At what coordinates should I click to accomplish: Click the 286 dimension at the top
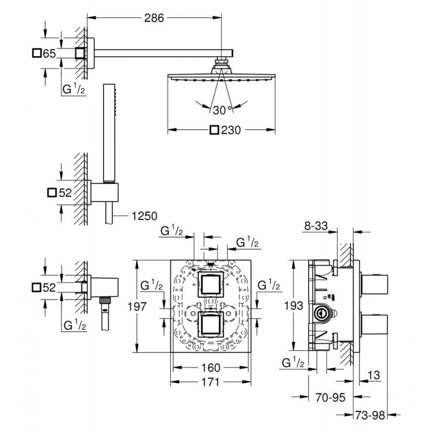154,18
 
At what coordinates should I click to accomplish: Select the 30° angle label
222,110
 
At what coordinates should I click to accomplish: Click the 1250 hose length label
144,216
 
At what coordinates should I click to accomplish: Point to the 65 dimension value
49,53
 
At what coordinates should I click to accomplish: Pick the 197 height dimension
137,306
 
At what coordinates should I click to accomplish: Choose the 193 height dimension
293,306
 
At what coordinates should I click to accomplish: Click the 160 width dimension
211,368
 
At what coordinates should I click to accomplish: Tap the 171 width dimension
210,382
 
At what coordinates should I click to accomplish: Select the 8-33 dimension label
316,226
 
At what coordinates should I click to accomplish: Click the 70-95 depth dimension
330,397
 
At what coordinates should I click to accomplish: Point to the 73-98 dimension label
370,415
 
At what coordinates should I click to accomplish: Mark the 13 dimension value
373,375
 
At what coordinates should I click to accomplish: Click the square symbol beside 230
214,130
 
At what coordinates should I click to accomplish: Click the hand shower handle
109,133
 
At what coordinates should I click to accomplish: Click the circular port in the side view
321,314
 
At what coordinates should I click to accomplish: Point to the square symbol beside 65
37,53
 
